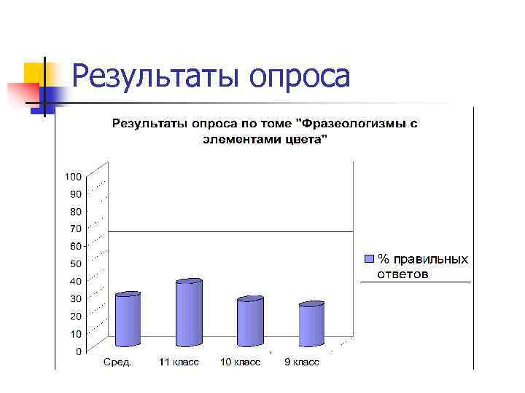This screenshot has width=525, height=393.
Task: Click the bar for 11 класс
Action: [189, 312]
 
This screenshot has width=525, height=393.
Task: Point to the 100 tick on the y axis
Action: [73, 176]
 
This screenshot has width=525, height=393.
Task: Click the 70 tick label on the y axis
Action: [76, 229]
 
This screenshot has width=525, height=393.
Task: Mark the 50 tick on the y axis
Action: [76, 263]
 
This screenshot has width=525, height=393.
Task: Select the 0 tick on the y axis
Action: [79, 352]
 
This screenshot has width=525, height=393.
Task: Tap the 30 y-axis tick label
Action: [76, 298]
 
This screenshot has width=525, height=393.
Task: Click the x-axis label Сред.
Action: [117, 362]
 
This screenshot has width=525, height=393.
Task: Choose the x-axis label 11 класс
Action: [179, 362]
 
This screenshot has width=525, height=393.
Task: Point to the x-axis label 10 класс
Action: [241, 362]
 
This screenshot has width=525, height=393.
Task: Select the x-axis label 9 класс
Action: [302, 362]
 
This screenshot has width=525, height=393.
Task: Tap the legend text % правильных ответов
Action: [422, 266]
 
